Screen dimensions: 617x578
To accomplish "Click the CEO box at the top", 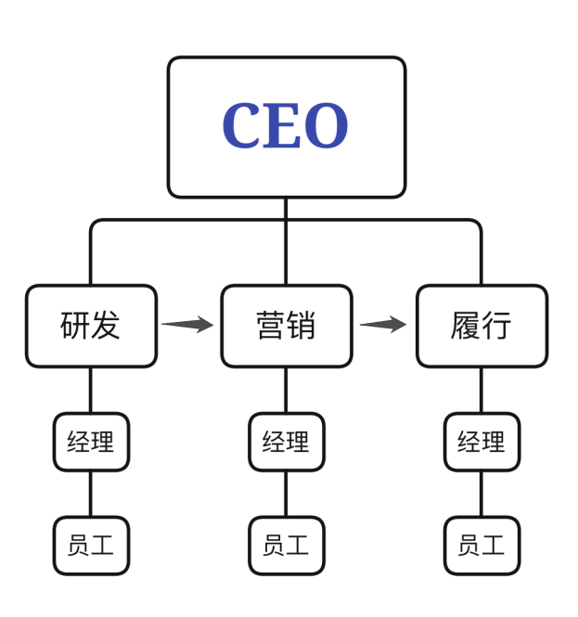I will pyautogui.click(x=286, y=127).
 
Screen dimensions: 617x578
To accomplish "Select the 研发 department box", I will pyautogui.click(x=91, y=326).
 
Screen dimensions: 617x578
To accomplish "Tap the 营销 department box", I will pyautogui.click(x=286, y=326).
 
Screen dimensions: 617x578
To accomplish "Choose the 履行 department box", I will pyautogui.click(x=481, y=326).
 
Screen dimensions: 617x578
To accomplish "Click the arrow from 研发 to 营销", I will pyautogui.click(x=188, y=325).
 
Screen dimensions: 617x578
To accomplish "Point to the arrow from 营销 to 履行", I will pyautogui.click(x=383, y=325).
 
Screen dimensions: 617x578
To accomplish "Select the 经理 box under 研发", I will pyautogui.click(x=91, y=442).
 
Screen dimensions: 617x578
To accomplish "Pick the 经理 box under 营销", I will pyautogui.click(x=286, y=442).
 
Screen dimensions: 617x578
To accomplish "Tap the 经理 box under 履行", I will pyautogui.click(x=481, y=442).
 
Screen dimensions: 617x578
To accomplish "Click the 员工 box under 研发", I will pyautogui.click(x=91, y=545).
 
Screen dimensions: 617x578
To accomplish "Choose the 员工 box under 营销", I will pyautogui.click(x=286, y=545).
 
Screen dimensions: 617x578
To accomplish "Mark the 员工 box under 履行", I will pyautogui.click(x=481, y=545).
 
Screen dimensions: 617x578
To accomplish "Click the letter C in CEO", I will pyautogui.click(x=243, y=127).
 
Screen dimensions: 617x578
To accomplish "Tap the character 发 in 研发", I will pyautogui.click(x=107, y=326).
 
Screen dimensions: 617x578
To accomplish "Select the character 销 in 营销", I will pyautogui.click(x=302, y=326).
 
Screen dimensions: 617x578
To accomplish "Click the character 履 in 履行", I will pyautogui.click(x=465, y=326).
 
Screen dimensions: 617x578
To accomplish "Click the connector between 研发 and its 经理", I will pyautogui.click(x=91, y=390).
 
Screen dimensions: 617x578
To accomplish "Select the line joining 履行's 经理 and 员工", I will pyautogui.click(x=481, y=494).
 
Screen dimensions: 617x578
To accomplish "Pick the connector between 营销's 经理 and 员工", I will pyautogui.click(x=286, y=494).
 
